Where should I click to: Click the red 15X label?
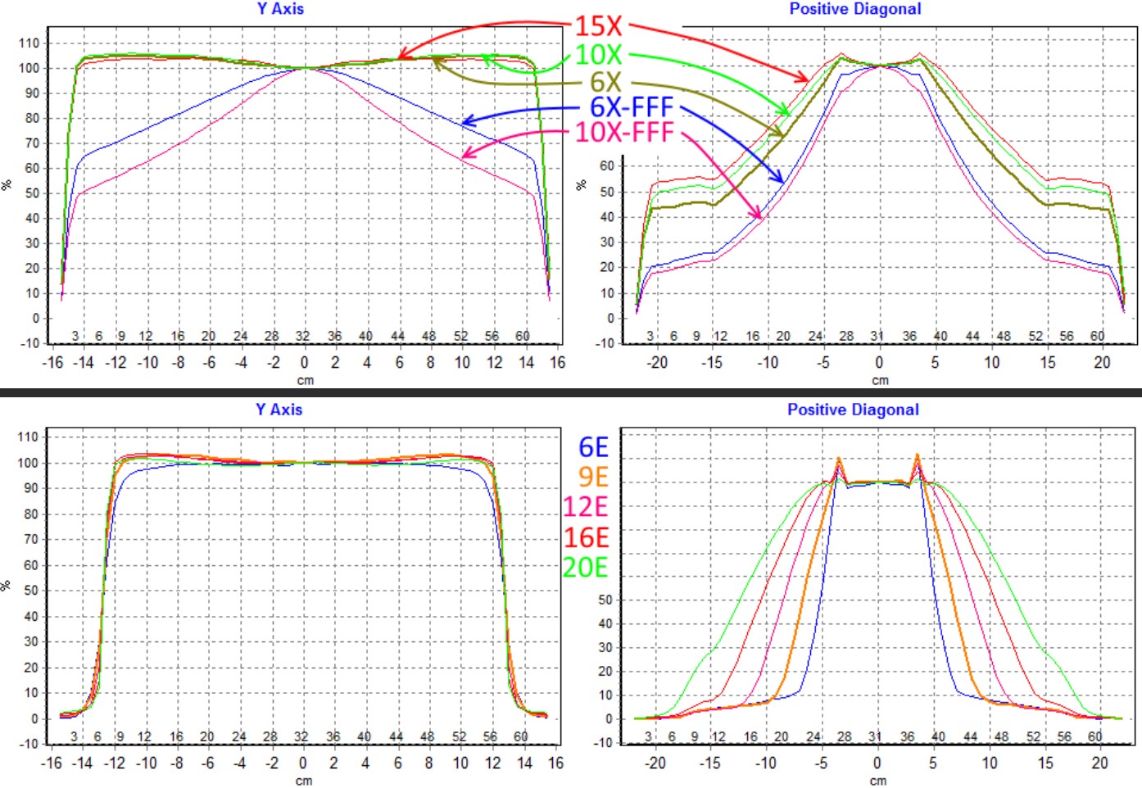(598, 25)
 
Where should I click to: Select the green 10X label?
(598, 55)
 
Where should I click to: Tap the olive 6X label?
(605, 82)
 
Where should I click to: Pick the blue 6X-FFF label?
(631, 107)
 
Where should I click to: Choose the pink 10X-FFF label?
(624, 132)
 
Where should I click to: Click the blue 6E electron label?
(593, 447)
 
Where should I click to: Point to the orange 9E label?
(593, 477)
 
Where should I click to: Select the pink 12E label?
(586, 507)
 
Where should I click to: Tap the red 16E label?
(586, 537)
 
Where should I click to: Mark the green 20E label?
(586, 567)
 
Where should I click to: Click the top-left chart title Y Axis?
(280, 9)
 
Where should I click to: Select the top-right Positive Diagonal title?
(854, 9)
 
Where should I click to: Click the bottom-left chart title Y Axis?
(279, 410)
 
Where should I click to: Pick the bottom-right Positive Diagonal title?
(853, 410)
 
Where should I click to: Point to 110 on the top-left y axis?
(29, 43)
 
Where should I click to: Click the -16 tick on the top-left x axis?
(52, 362)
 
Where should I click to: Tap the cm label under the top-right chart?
(880, 380)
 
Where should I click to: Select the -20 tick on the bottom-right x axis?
(655, 763)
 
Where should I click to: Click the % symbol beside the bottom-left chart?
(7, 586)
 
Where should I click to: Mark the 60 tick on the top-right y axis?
(606, 165)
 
